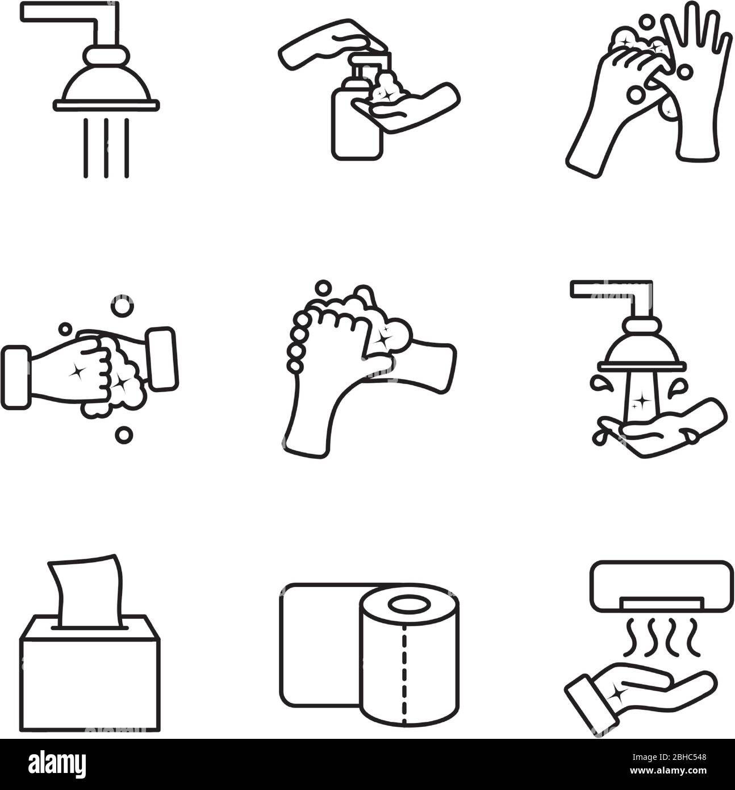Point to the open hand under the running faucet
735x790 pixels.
pyautogui.click(x=665, y=432)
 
